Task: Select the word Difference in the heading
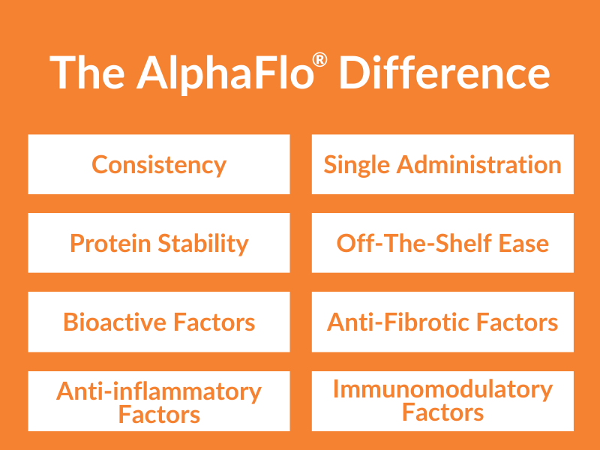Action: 444,73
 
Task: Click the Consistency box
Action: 159,164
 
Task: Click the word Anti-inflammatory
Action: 159,391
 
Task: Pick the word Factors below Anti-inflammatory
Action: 159,414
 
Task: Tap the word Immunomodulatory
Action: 442,389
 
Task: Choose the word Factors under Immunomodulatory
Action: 442,412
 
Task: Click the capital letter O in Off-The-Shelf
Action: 346,243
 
